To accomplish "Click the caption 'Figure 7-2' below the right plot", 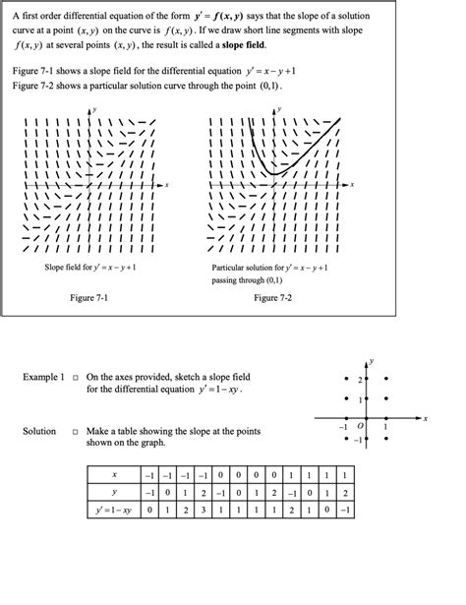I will click(272, 297).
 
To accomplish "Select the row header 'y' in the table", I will click(117, 493).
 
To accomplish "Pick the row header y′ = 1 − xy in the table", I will click(117, 511).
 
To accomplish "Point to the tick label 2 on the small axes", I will click(360, 379).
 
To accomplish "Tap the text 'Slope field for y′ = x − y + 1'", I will click(89, 267).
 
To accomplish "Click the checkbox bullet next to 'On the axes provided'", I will click(75, 377).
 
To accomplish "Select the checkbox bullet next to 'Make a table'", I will click(75, 432).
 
